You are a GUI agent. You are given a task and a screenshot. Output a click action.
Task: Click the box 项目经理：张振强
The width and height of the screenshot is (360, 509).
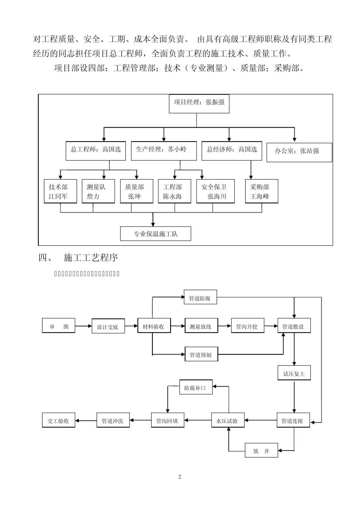pos(199,103)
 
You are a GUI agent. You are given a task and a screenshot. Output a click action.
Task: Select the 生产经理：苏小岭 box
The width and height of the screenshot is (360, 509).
pos(164,150)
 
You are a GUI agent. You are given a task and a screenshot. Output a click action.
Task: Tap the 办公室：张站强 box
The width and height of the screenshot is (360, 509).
pos(299,152)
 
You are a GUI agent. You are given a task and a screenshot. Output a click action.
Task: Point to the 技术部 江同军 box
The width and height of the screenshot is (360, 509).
pos(60,191)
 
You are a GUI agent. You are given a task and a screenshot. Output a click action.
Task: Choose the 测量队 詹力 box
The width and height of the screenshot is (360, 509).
pos(98,191)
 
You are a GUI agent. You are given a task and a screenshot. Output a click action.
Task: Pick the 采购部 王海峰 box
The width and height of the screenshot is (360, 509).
pos(261,191)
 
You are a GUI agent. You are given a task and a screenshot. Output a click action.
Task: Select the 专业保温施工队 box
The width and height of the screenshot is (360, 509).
pos(155,234)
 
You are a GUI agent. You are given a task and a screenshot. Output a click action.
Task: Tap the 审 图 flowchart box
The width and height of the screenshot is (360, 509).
pos(58,326)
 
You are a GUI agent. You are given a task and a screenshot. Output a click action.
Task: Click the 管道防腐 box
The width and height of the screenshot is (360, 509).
pos(200,298)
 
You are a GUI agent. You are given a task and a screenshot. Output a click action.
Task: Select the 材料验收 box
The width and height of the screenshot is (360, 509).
pos(154,326)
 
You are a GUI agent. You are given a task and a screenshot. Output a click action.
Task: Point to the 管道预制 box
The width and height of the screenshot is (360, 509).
pos(201,354)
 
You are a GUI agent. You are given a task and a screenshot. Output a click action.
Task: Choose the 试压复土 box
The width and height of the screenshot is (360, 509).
pos(294,373)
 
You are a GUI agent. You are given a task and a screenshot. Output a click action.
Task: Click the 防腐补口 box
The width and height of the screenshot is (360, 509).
pos(196,387)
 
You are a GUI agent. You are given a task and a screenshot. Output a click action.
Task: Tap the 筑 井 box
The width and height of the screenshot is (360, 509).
pos(261,451)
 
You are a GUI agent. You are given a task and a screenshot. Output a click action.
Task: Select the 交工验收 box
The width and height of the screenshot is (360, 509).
pos(58,420)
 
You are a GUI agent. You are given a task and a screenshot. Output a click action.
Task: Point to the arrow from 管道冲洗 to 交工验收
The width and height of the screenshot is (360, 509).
pos(86,420)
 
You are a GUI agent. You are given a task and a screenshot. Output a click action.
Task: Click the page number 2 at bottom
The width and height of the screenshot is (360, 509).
pos(180,476)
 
